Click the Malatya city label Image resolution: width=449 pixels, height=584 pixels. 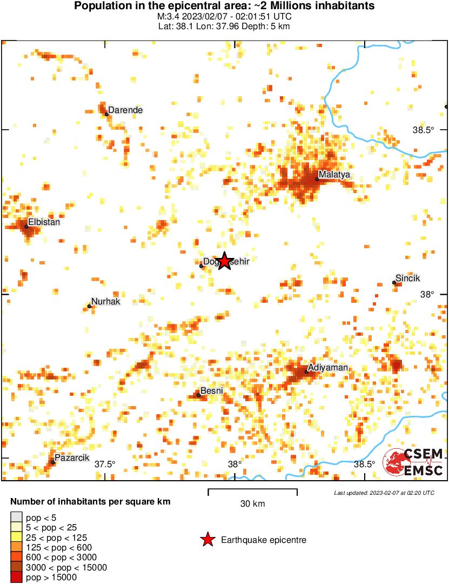point(334,175)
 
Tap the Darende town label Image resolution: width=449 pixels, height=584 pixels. point(125,110)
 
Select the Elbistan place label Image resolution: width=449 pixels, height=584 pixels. point(44,222)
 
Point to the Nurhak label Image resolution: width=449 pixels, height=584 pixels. point(106,302)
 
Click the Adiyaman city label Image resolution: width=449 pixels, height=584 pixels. point(328,368)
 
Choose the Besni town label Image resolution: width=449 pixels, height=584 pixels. point(212,390)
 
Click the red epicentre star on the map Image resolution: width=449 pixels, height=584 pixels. point(224,261)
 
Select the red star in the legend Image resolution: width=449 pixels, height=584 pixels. point(207,540)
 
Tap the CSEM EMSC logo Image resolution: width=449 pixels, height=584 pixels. point(413,462)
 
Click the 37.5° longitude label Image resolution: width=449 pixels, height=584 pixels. point(105,464)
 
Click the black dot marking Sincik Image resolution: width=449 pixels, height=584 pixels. point(394,282)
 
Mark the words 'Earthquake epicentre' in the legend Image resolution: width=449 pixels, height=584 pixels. point(264,540)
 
